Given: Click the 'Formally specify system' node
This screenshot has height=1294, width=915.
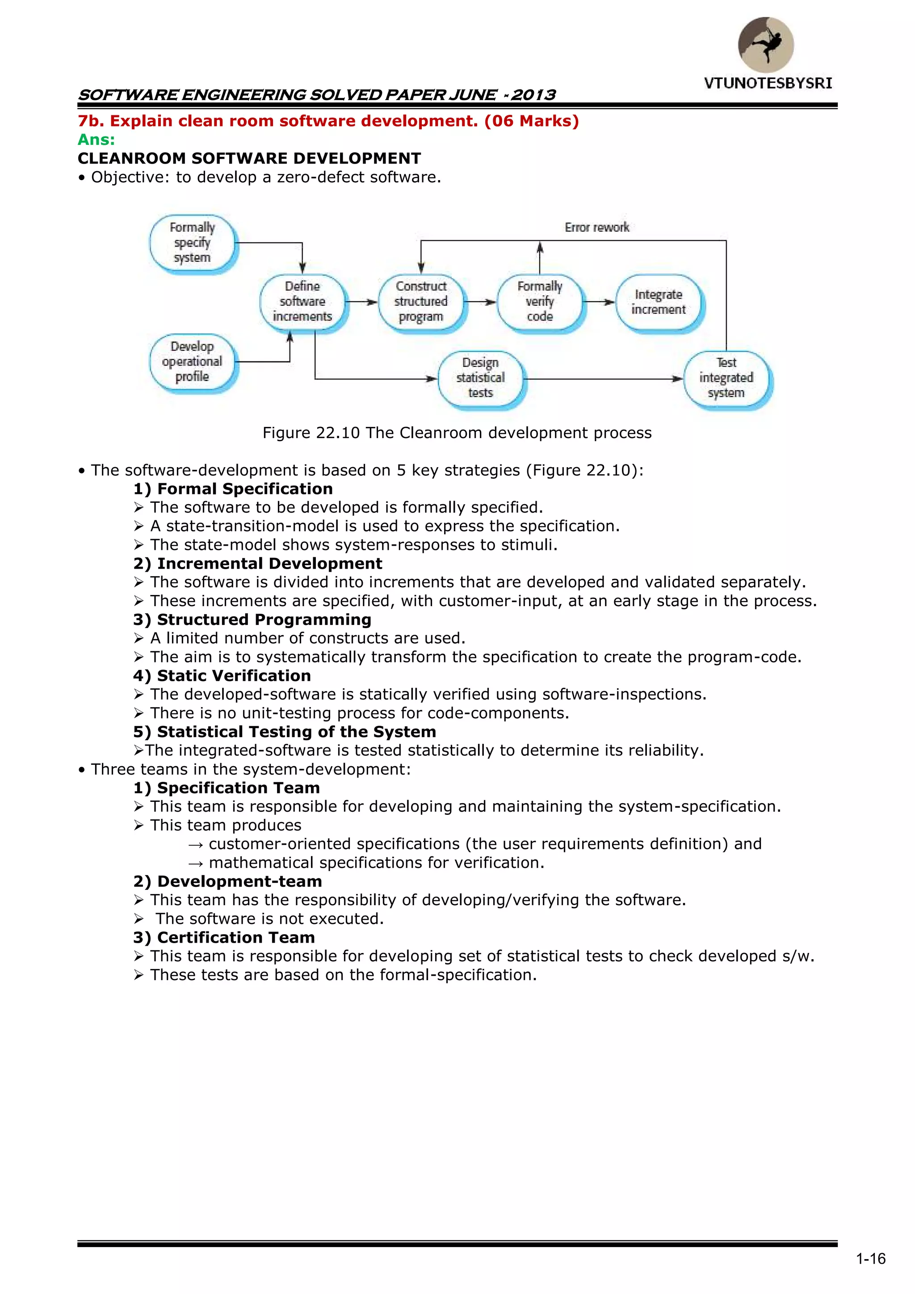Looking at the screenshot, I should pos(192,243).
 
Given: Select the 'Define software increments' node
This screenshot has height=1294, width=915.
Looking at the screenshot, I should pos(302,302).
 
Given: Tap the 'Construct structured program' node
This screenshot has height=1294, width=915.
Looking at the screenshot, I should pos(421,302).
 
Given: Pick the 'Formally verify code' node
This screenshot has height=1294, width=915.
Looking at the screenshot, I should pos(540,302).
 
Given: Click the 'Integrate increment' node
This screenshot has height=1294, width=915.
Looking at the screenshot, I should pos(658,302).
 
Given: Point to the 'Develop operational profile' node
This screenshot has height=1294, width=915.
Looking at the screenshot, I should pos(192,361).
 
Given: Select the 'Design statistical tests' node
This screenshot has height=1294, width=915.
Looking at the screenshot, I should pos(481,378).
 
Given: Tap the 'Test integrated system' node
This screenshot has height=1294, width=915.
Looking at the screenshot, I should pos(726,378).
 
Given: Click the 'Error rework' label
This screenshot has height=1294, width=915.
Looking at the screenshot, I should pos(596,227).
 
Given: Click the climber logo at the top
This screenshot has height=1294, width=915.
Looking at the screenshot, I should pos(766,45).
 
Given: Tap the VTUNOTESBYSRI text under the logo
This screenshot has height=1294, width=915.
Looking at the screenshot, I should pos(768,84).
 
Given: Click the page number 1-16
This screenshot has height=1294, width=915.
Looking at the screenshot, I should pos(870,1259).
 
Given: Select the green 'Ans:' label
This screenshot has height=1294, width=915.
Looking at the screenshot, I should pos(97,140).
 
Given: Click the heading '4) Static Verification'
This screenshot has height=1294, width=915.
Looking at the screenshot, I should pos(222,676).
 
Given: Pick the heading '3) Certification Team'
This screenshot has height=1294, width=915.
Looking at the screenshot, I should pos(224,937).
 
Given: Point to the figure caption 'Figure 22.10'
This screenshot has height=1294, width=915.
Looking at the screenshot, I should pos(311,433).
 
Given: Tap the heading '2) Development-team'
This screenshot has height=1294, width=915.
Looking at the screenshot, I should pos(227,881).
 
